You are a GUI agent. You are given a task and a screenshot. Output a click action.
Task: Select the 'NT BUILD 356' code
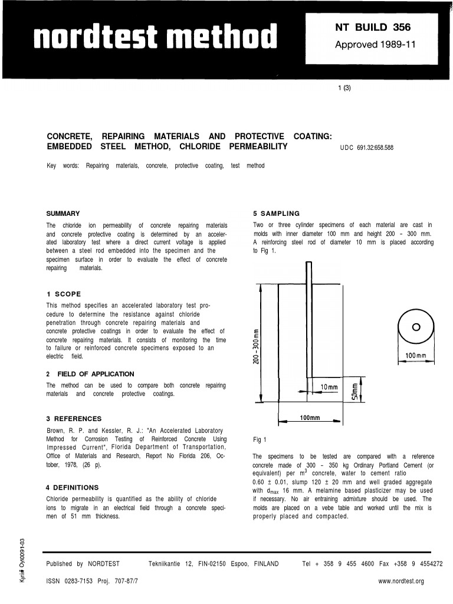point(372,27)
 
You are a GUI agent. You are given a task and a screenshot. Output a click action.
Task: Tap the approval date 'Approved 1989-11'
point(375,45)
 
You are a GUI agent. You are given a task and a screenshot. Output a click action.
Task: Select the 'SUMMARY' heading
point(63,213)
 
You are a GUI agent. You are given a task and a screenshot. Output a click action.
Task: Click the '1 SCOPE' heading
point(63,294)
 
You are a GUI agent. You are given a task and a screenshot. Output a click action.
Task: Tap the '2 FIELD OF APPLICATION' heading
point(90,374)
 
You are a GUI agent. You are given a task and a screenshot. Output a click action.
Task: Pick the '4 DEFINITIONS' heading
point(72,487)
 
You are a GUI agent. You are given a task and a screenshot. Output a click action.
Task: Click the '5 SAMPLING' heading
point(276,213)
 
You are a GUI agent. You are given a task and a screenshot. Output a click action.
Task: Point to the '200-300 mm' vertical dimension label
point(256,345)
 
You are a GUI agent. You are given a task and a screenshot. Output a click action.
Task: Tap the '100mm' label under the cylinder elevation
point(309,418)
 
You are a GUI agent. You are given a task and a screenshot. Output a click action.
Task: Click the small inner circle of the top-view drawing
point(416,327)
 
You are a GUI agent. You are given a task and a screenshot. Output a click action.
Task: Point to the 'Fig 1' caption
point(260,439)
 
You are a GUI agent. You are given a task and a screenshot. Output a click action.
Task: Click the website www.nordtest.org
point(401,582)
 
